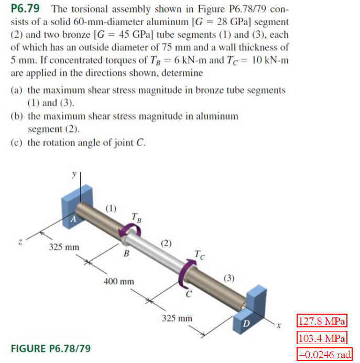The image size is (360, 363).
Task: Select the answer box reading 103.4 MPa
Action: (x=322, y=337)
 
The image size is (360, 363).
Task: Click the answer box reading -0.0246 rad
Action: (x=324, y=354)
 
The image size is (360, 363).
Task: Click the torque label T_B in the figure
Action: (x=135, y=217)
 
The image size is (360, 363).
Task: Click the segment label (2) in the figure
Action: (x=166, y=243)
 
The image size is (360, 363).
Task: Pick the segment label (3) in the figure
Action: (x=230, y=278)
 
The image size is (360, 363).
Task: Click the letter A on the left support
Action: (x=74, y=221)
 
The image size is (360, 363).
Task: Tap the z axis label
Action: (x=20, y=242)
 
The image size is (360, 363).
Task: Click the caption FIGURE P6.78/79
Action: (x=50, y=348)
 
